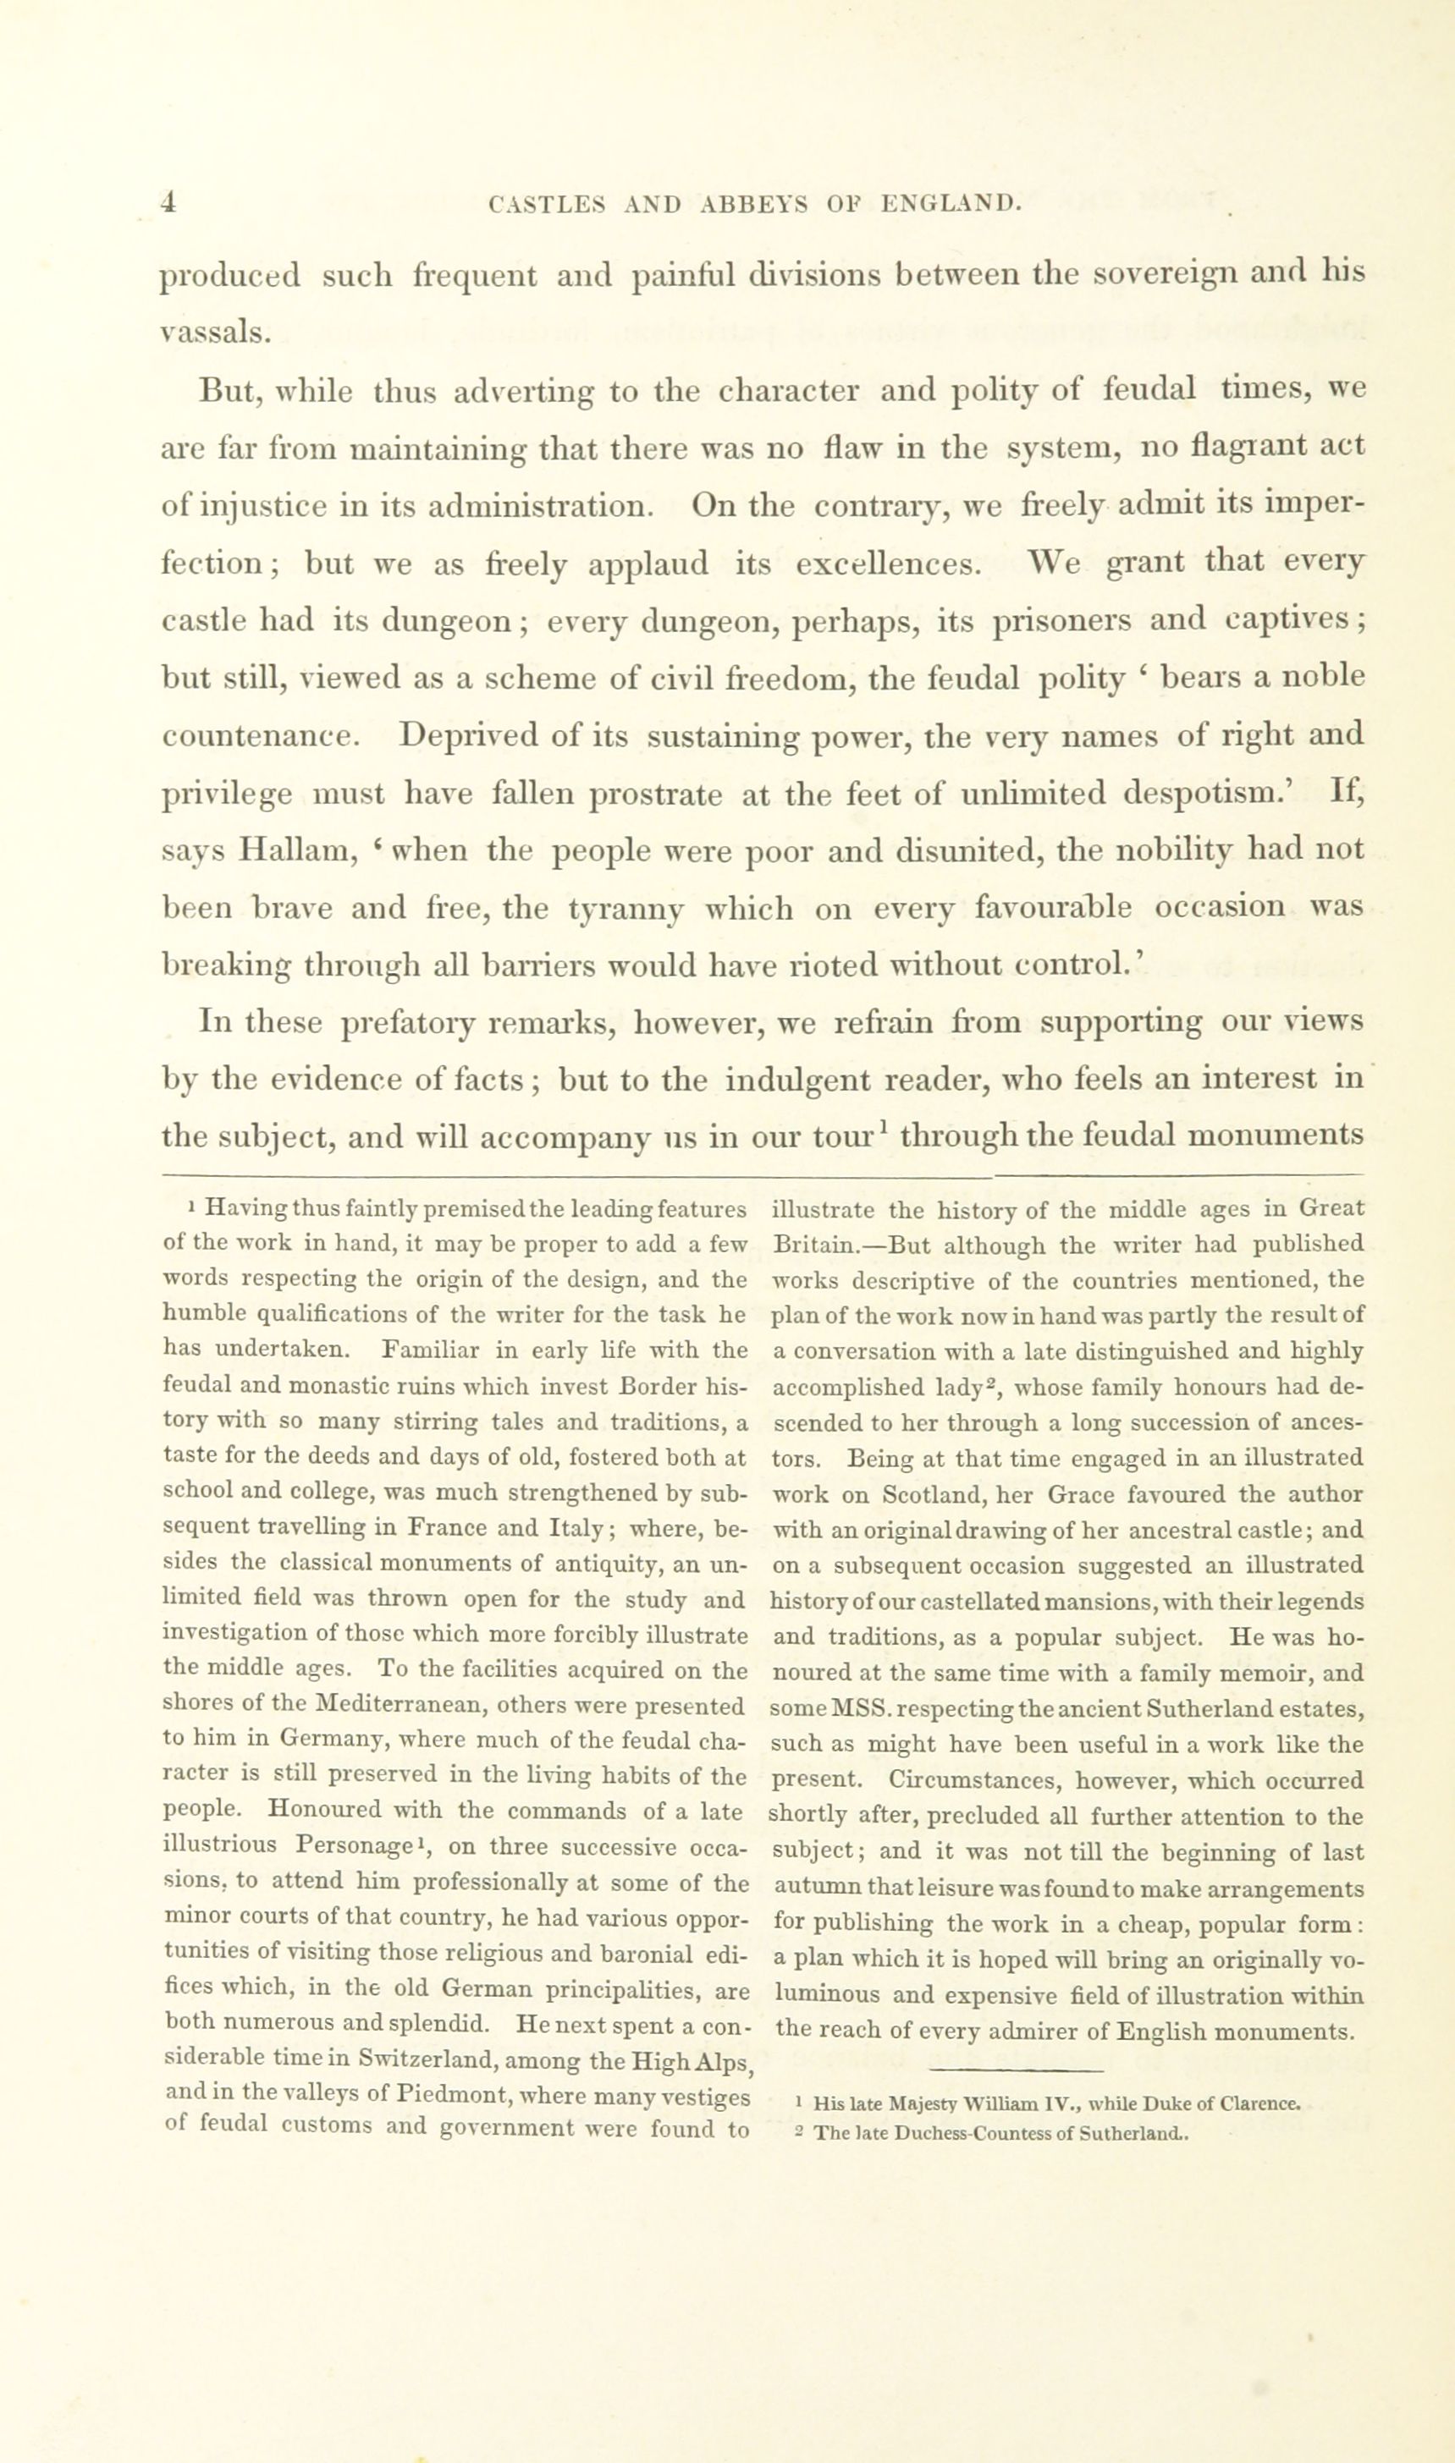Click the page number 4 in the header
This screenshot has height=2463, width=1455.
(x=168, y=202)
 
